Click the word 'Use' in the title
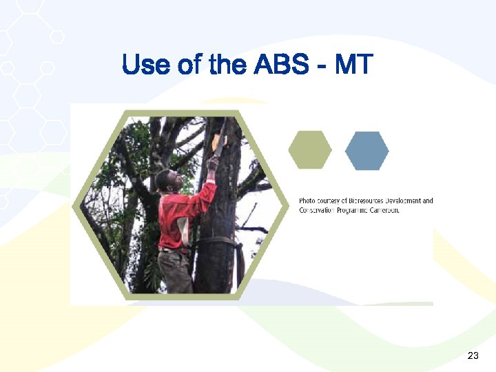pyautogui.click(x=141, y=65)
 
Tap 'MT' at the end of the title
pyautogui.click(x=353, y=65)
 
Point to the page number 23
pyautogui.click(x=473, y=355)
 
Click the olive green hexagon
pyautogui.click(x=309, y=149)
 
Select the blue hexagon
pyautogui.click(x=366, y=150)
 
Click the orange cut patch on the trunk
pyautogui.click(x=217, y=141)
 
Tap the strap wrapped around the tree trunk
pyautogui.click(x=217, y=242)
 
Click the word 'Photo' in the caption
pyautogui.click(x=307, y=201)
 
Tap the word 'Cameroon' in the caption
pyautogui.click(x=383, y=211)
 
